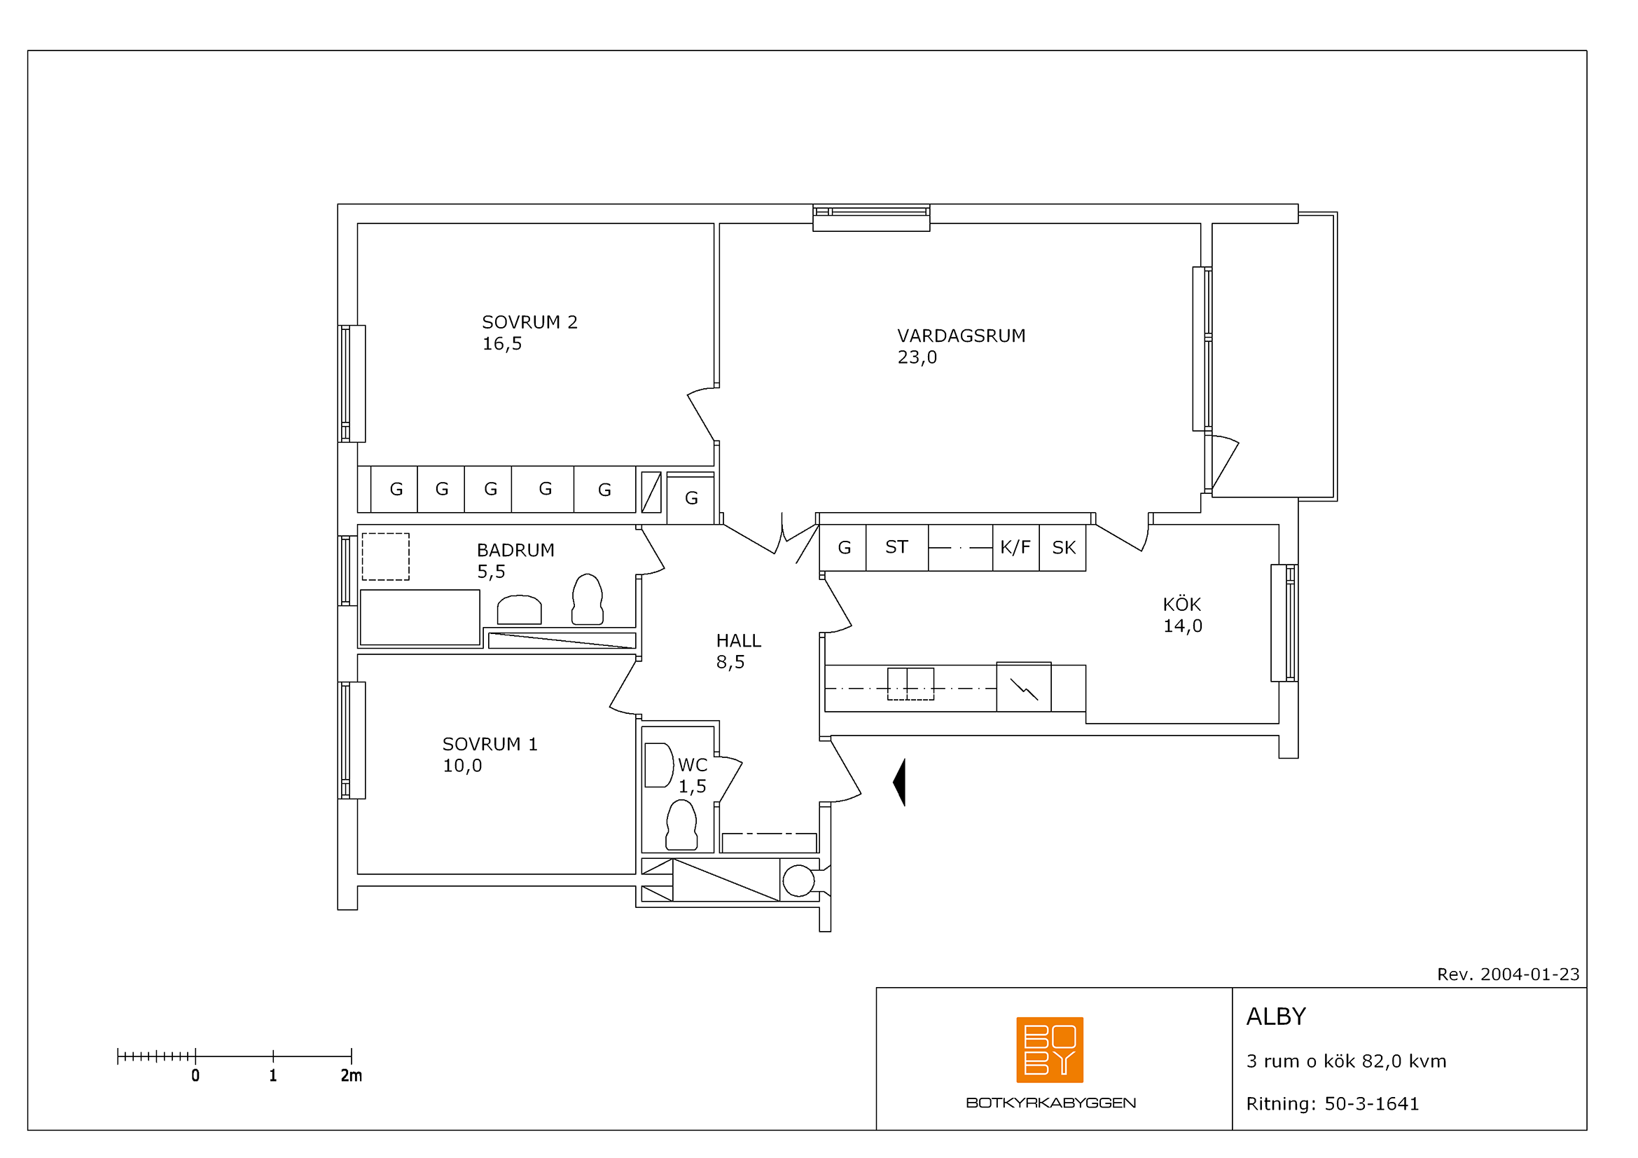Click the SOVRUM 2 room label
click(x=529, y=322)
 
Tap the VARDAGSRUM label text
click(x=961, y=336)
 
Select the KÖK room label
click(x=1182, y=605)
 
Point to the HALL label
click(x=738, y=641)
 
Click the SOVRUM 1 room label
click(x=490, y=744)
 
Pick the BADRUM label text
click(x=515, y=550)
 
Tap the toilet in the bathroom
click(x=587, y=600)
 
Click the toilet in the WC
click(x=681, y=825)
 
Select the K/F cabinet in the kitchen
click(x=1015, y=547)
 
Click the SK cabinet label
click(x=1064, y=548)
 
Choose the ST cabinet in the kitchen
click(x=897, y=547)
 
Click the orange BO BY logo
click(x=1050, y=1049)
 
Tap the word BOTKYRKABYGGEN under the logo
click(x=1051, y=1103)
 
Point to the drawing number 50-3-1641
click(x=1371, y=1104)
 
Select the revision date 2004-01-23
click(x=1529, y=974)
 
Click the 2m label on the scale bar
click(x=351, y=1076)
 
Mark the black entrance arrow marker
click(x=899, y=783)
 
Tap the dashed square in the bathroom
click(x=385, y=556)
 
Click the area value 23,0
click(x=917, y=357)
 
